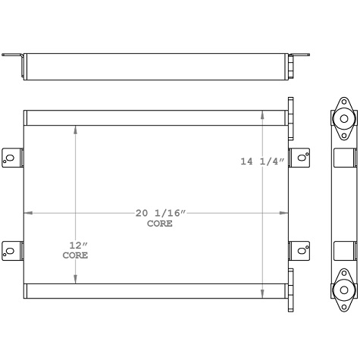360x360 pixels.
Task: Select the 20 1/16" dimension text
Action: [x=160, y=214]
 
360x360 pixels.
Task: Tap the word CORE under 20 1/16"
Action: [x=159, y=224]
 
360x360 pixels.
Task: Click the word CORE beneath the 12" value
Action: [x=75, y=256]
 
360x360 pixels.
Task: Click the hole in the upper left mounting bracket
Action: [x=10, y=158]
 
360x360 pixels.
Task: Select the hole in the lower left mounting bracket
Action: [x=10, y=249]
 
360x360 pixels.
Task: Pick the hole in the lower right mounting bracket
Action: [x=302, y=249]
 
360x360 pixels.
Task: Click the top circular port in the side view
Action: [x=344, y=119]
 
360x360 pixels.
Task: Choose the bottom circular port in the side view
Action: [x=344, y=290]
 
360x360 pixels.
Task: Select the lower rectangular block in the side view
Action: [x=344, y=250]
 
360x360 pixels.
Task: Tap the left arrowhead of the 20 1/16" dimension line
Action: [x=28, y=213]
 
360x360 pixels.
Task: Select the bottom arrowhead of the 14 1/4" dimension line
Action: [x=262, y=294]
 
